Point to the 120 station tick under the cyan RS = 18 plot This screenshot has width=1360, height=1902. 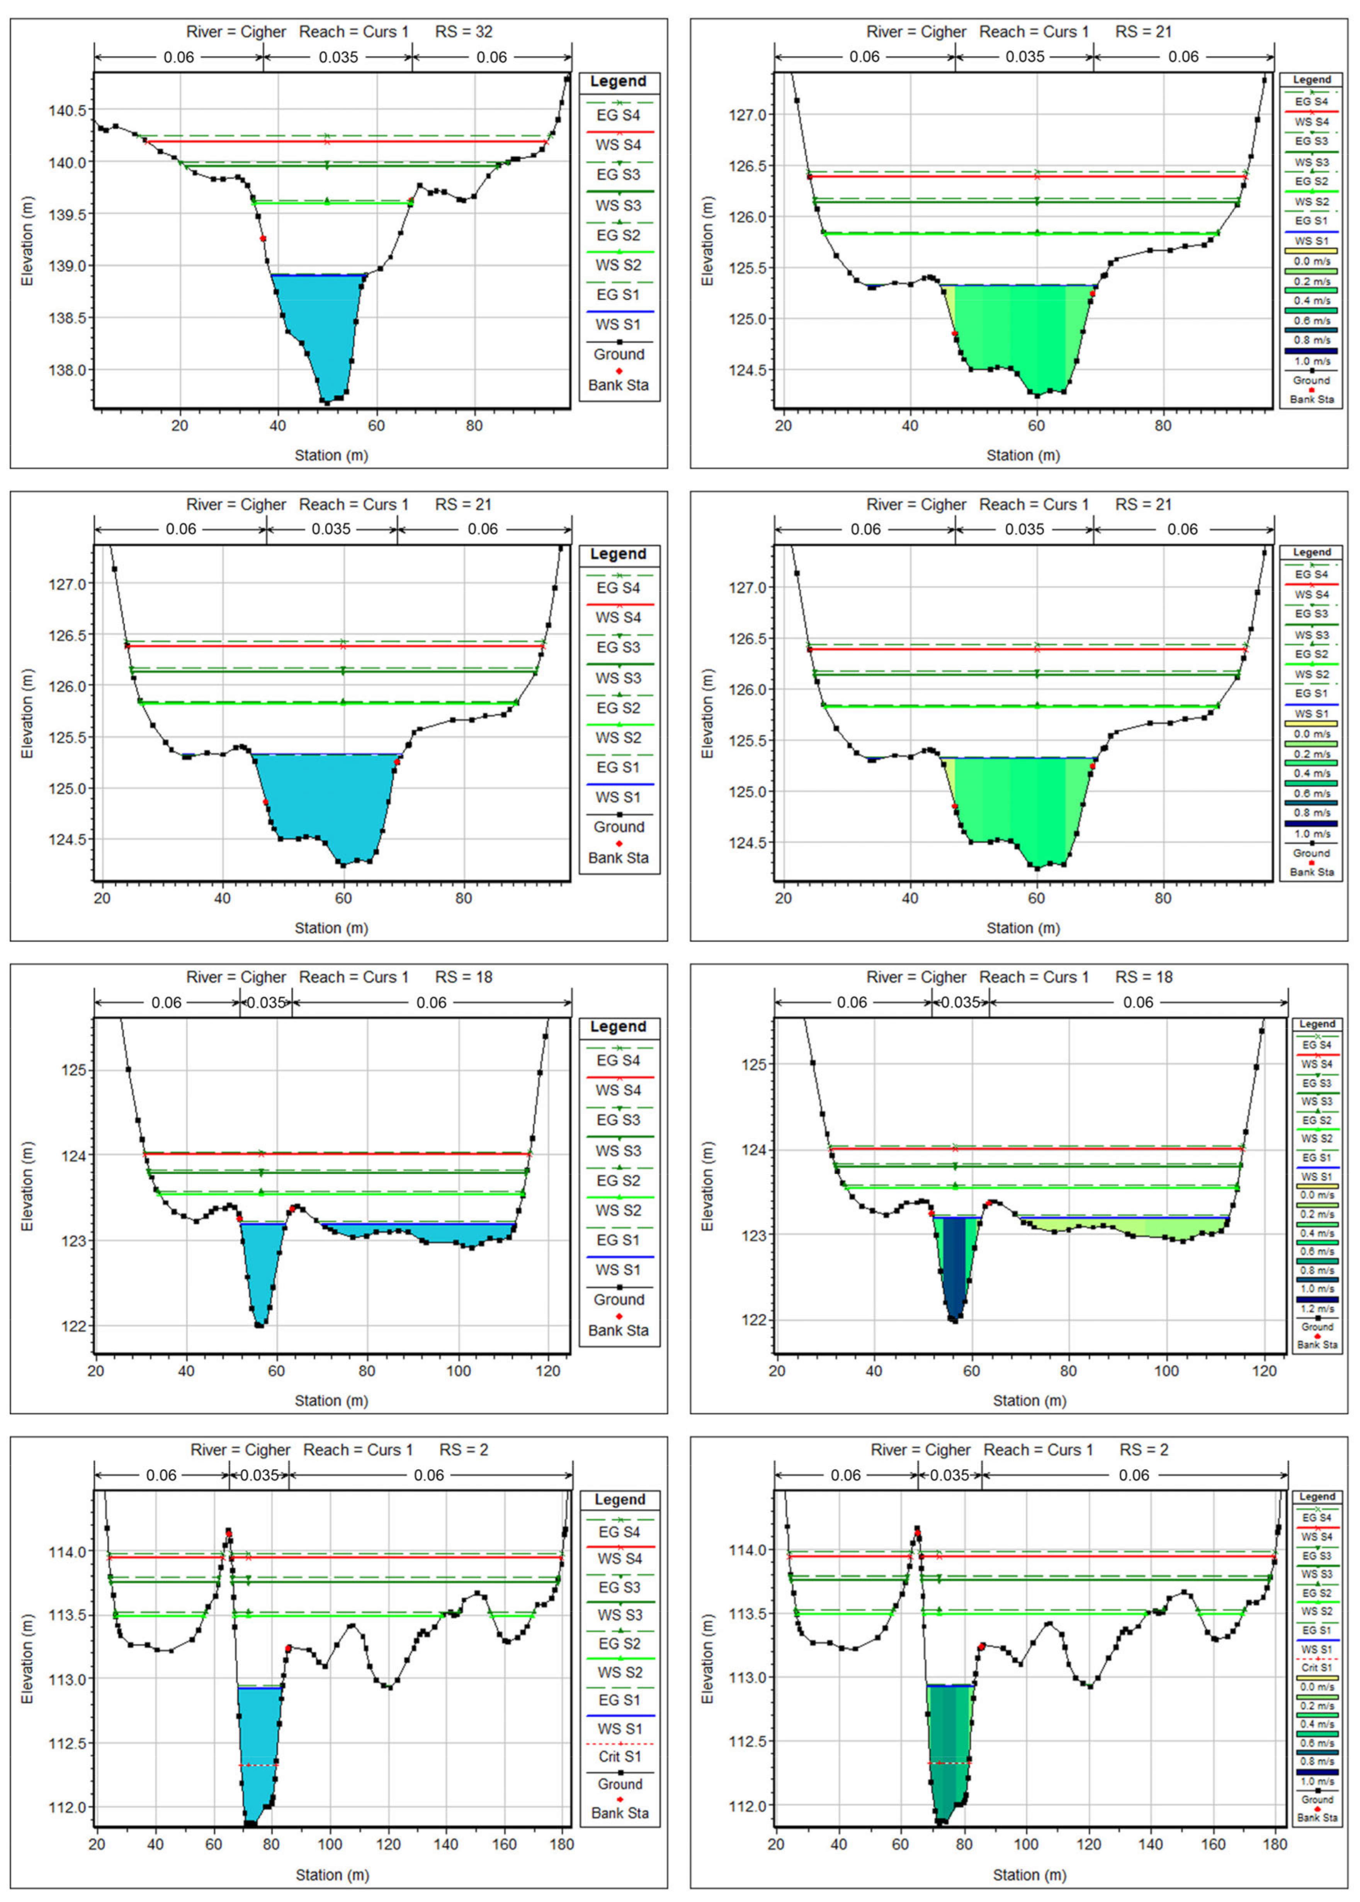click(549, 1371)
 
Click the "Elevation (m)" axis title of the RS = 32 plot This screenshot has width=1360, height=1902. click(28, 241)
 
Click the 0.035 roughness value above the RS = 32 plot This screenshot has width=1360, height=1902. click(338, 57)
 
